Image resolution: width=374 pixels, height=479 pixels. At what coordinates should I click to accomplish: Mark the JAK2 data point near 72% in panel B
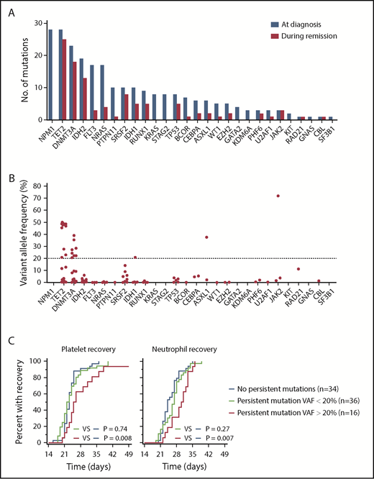(x=278, y=196)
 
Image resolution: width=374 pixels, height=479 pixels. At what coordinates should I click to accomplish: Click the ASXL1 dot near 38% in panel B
(x=207, y=237)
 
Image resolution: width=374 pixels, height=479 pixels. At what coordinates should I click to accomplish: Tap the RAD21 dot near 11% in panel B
(x=298, y=269)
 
